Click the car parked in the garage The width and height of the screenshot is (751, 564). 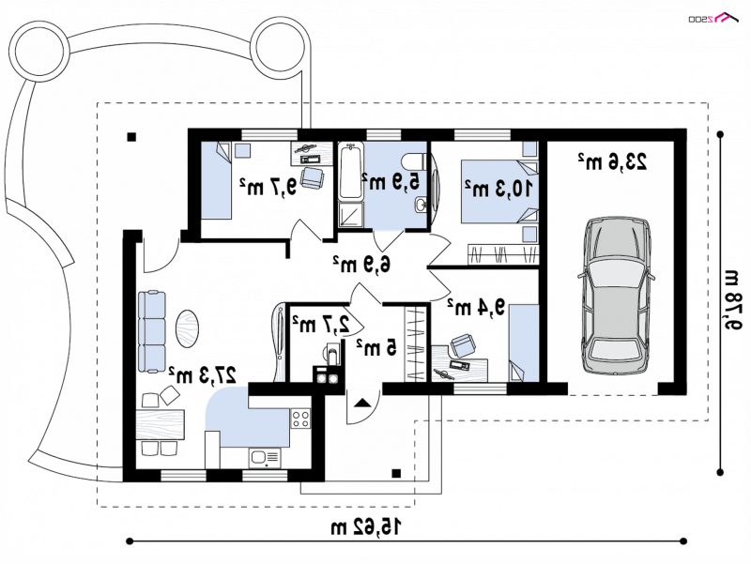(x=616, y=295)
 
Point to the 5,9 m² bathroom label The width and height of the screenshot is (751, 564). (x=391, y=181)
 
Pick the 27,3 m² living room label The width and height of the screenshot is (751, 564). (x=203, y=374)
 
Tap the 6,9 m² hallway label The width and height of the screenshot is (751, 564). (x=361, y=264)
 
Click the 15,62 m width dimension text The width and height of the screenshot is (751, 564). (x=365, y=527)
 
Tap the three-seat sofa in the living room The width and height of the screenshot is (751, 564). (x=152, y=332)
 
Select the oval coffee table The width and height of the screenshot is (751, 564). (x=187, y=328)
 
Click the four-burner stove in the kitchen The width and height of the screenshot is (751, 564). (x=300, y=419)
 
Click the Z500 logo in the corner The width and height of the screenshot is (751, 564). (x=713, y=18)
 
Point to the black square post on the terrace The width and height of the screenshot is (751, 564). (x=131, y=137)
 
